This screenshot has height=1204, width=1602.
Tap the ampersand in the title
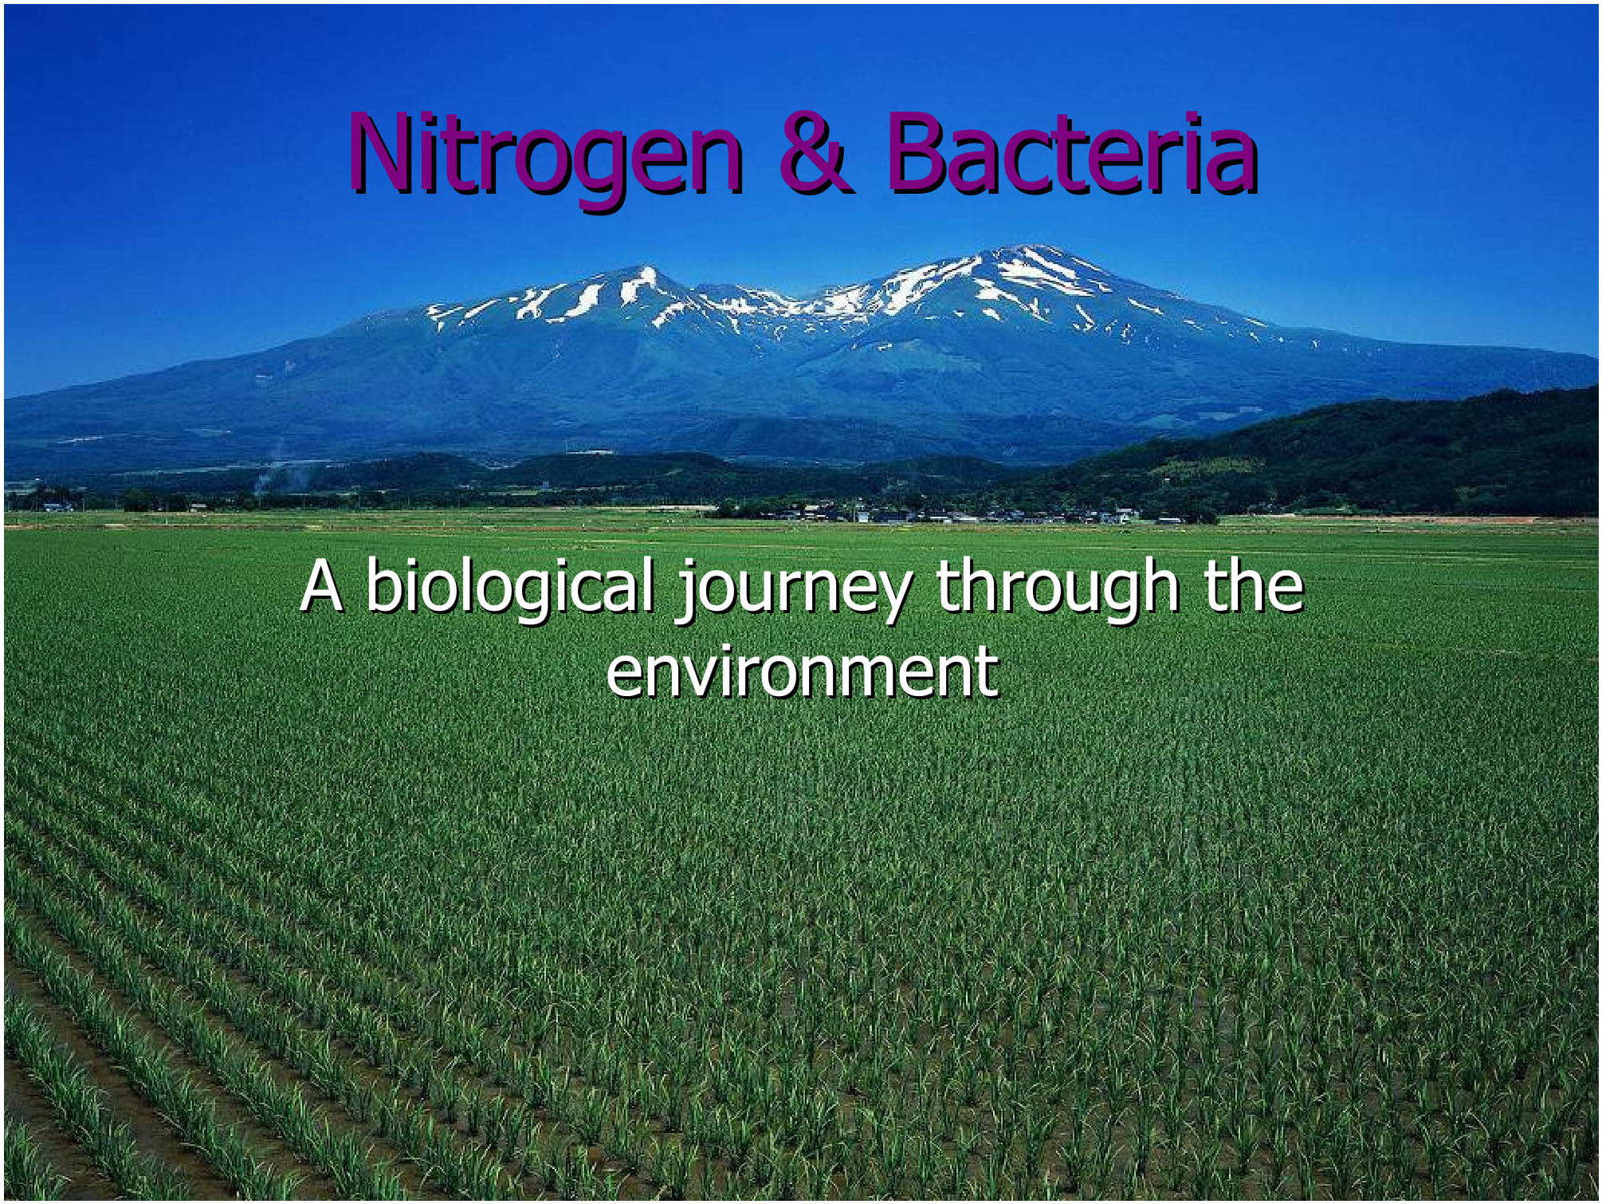point(816,153)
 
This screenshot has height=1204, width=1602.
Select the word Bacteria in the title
point(1073,153)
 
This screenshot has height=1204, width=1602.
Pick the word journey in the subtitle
point(794,591)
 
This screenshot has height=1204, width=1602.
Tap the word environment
point(802,671)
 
